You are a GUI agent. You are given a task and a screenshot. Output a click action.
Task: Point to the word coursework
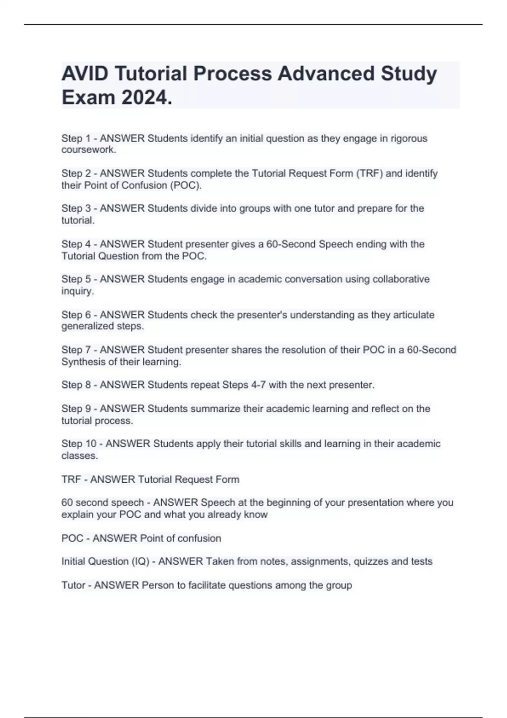point(88,150)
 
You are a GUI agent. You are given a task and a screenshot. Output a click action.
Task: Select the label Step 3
point(76,209)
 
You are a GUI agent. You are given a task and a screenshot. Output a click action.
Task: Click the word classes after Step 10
point(79,456)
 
